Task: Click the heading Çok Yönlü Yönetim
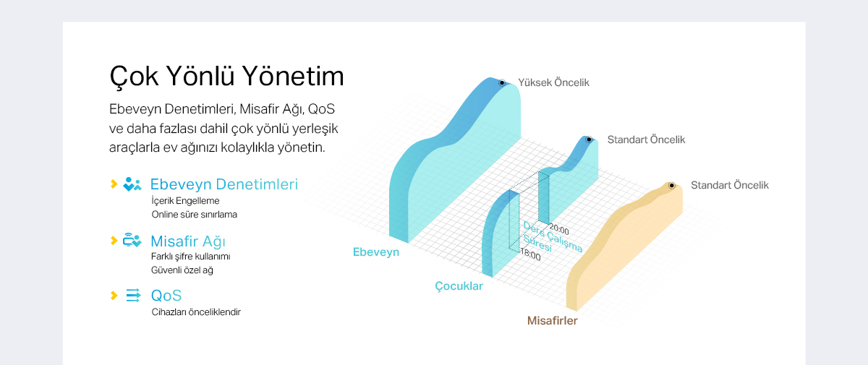[x=226, y=77]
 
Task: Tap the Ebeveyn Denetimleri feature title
[x=224, y=184]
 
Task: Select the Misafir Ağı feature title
[x=188, y=241]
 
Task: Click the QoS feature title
[x=166, y=296]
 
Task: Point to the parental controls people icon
[x=132, y=184]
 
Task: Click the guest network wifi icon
[x=132, y=240]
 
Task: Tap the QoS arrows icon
[x=133, y=296]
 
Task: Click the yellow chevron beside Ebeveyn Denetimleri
[x=114, y=184]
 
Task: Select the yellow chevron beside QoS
[x=114, y=296]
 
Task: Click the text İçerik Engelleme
[x=185, y=201]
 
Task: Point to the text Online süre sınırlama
[x=194, y=215]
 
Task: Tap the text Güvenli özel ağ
[x=182, y=270]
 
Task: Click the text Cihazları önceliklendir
[x=196, y=312]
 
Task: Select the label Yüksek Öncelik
[x=554, y=82]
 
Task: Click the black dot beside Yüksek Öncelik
[x=502, y=82]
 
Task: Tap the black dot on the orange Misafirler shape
[x=671, y=186]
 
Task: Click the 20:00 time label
[x=559, y=230]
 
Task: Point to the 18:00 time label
[x=530, y=254]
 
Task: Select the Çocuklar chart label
[x=459, y=286]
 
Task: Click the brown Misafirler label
[x=552, y=320]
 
